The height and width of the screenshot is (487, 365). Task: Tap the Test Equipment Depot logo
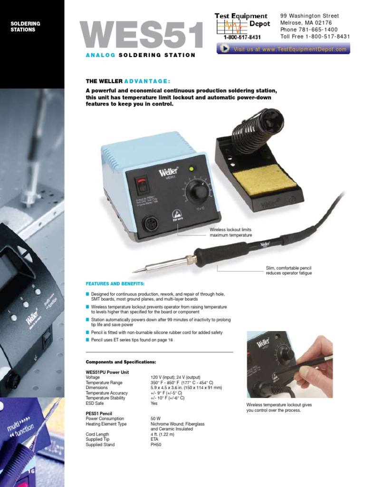[x=242, y=26]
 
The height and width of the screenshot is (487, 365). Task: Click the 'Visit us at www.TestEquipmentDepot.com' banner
[x=284, y=49]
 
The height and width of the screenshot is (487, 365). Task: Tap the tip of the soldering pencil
[x=134, y=271]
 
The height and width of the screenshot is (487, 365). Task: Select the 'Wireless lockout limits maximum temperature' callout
[x=231, y=233]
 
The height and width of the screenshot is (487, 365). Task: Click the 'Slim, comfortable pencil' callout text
[x=288, y=271]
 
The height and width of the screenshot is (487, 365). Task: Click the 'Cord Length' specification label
[x=97, y=434]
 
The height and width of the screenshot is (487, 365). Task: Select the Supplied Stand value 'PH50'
[x=156, y=445]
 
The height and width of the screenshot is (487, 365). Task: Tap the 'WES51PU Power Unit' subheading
[x=107, y=372]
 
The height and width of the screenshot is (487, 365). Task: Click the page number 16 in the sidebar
[x=32, y=471]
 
